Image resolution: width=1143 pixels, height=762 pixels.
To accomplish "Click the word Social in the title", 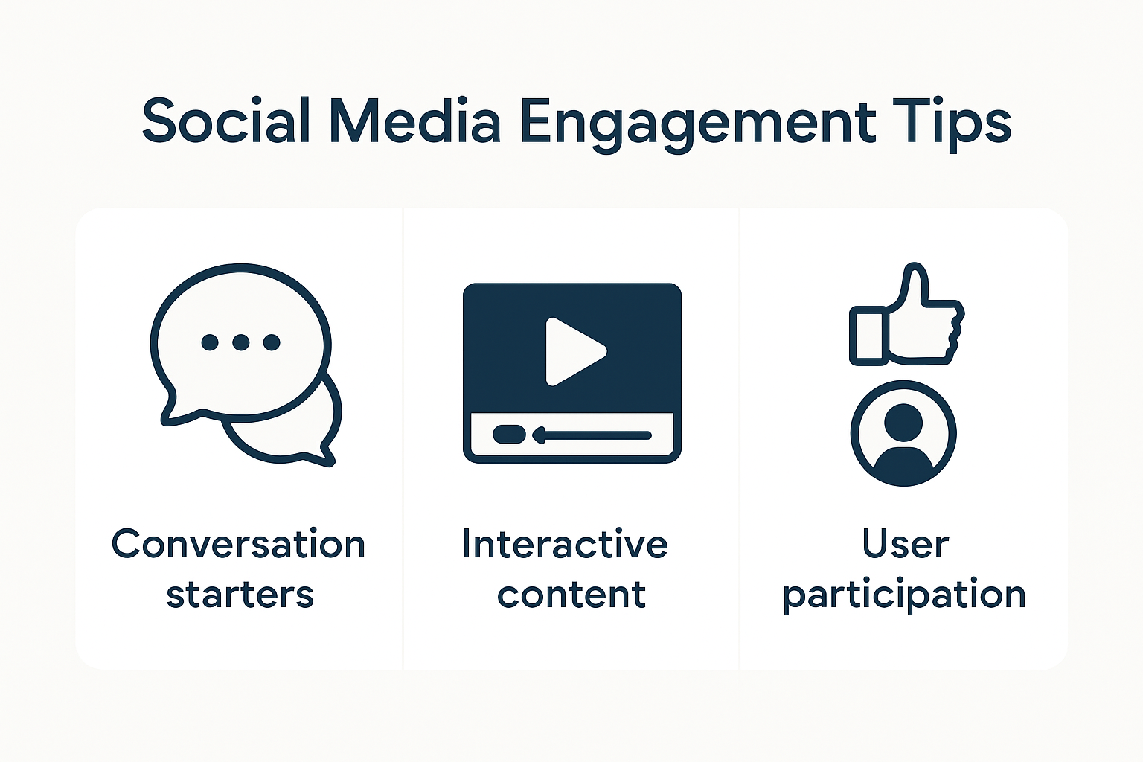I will [225, 121].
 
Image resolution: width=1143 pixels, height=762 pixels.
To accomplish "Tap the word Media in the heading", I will [414, 121].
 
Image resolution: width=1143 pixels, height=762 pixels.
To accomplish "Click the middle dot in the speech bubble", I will [240, 342].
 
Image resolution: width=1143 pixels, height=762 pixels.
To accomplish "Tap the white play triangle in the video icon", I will [572, 351].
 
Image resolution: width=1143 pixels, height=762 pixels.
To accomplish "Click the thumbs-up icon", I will [906, 320].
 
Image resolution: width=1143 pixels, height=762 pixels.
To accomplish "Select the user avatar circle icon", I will [903, 433].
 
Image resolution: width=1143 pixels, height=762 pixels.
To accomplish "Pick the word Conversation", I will [238, 544].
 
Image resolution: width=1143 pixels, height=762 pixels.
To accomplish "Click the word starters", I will [240, 595].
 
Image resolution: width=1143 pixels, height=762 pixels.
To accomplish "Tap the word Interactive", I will [565, 544].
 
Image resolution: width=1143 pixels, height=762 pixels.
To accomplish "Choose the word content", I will [571, 595].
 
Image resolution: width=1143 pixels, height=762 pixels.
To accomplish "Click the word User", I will [905, 544].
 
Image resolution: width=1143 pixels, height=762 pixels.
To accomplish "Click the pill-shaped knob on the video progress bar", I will [509, 435].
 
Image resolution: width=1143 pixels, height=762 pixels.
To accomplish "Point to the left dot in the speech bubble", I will [210, 342].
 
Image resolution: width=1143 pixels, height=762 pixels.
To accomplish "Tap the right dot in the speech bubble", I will [272, 342].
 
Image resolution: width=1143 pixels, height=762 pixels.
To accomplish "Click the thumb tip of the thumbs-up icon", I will [915, 272].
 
